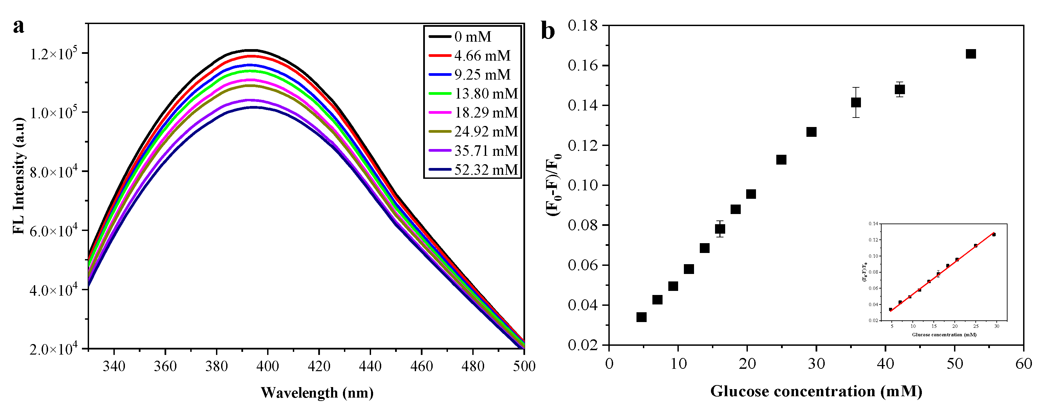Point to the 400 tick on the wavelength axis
click(267, 366)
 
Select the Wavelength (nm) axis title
click(317, 392)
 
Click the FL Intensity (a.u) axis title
click(19, 176)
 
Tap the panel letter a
click(19, 27)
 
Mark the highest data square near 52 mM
click(971, 54)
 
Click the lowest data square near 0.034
click(642, 317)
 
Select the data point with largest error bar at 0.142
click(856, 102)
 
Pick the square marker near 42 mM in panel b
click(900, 89)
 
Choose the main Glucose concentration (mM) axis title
click(816, 391)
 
